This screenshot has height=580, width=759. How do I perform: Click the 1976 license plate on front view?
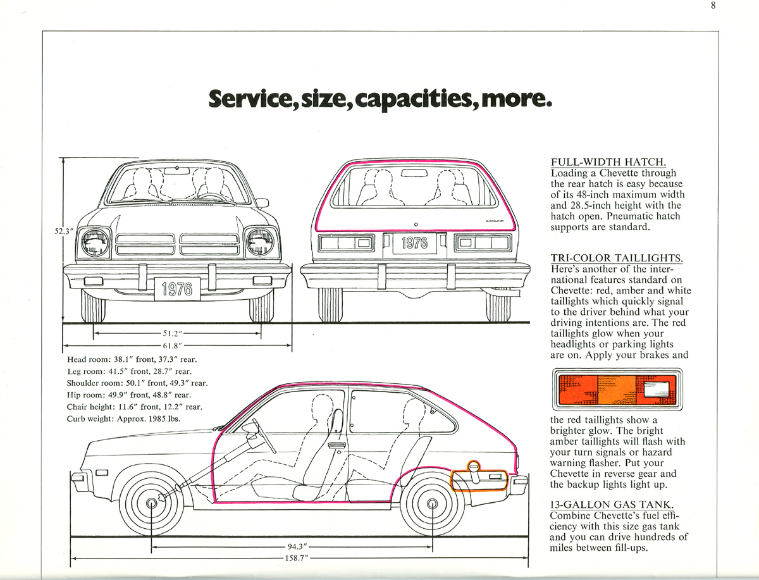[x=177, y=289]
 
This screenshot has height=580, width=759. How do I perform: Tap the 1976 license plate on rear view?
[x=415, y=243]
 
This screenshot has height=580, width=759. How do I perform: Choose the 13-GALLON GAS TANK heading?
[x=612, y=504]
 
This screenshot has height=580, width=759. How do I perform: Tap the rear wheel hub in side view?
[x=433, y=504]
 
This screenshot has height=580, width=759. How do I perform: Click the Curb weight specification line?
[x=125, y=419]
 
